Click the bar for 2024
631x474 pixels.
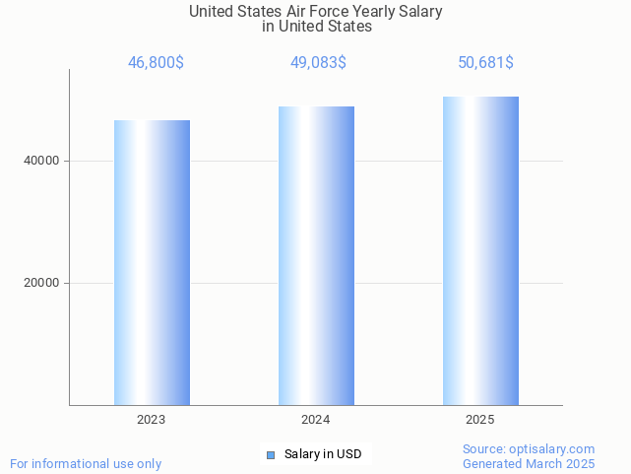click(316, 255)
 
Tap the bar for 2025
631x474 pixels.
click(480, 250)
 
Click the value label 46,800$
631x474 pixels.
click(156, 63)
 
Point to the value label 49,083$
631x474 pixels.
click(318, 63)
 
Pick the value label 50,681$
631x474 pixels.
click(485, 63)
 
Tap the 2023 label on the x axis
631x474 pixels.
click(152, 420)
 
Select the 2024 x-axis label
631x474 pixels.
click(316, 420)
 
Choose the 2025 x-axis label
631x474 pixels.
click(480, 420)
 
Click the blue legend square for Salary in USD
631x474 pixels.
click(271, 454)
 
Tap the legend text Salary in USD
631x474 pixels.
click(323, 454)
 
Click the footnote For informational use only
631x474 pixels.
click(86, 463)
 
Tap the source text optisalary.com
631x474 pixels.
click(557, 448)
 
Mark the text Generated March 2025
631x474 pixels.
click(529, 463)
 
